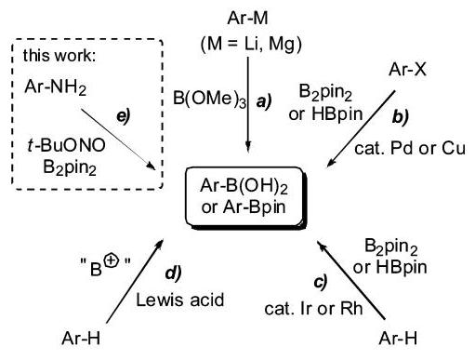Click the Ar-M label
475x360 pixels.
(x=247, y=18)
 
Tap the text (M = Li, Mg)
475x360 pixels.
(x=251, y=44)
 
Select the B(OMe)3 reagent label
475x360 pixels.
(x=209, y=99)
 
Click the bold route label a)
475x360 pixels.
(x=264, y=101)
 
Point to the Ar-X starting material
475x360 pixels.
(x=407, y=69)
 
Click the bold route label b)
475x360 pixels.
(x=401, y=117)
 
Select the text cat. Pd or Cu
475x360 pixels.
(x=410, y=149)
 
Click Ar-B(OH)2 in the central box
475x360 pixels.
(x=244, y=186)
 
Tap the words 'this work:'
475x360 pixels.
(x=59, y=56)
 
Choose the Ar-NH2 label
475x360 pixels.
(x=56, y=87)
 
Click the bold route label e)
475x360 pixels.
(x=124, y=116)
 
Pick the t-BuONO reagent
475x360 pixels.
(x=66, y=145)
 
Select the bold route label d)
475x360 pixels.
(x=173, y=273)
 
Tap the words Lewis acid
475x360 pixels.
(x=180, y=300)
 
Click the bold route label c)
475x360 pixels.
(x=321, y=282)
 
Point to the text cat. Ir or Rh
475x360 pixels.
(x=313, y=308)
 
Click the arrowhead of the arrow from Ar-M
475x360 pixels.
(x=248, y=146)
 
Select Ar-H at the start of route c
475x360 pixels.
(x=398, y=338)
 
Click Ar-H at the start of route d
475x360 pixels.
(x=81, y=338)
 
